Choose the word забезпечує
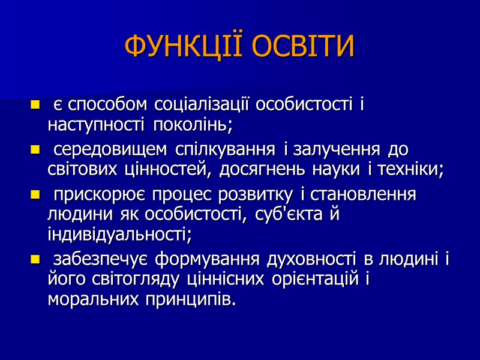coord(100,260)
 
